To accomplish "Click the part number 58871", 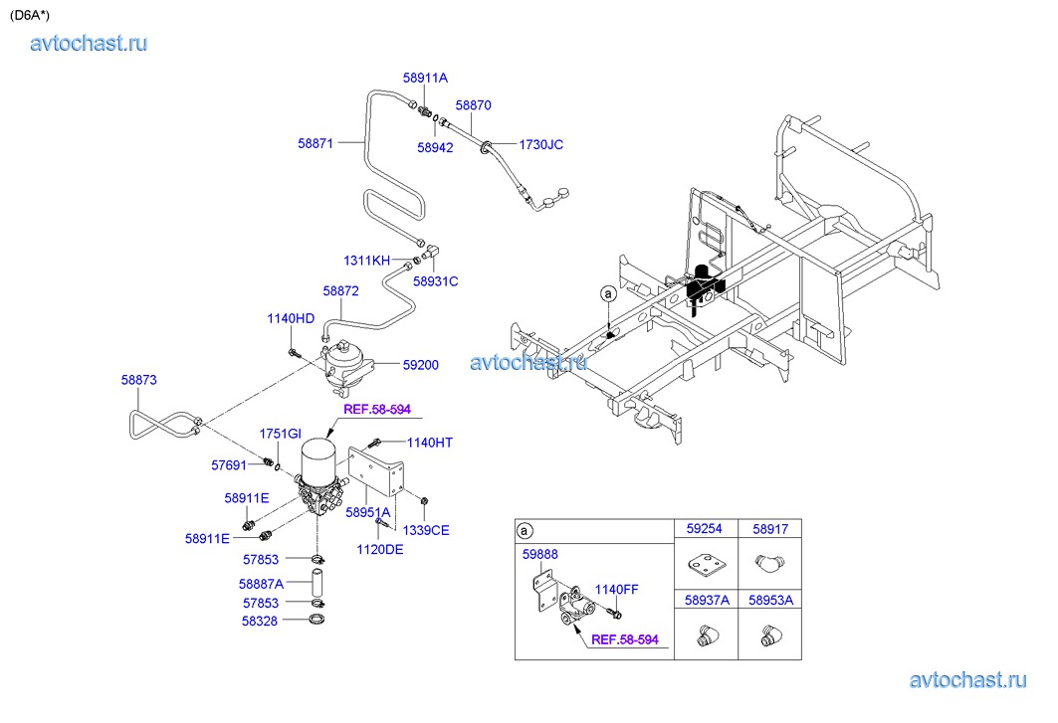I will (x=317, y=142).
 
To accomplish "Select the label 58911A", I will (x=425, y=77).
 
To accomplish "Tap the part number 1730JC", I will (x=540, y=144).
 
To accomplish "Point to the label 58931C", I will (x=436, y=281).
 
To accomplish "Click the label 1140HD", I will (x=291, y=318).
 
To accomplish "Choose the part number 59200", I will (x=420, y=365).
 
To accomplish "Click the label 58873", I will (x=139, y=380).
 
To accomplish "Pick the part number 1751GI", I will (x=280, y=434).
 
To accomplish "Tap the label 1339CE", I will (x=427, y=530).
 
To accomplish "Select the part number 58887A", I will (x=262, y=584).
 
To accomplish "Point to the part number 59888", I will (x=540, y=555).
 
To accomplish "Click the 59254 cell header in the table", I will (x=705, y=531).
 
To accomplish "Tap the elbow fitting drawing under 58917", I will (x=768, y=565).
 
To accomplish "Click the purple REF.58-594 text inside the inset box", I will (x=625, y=639).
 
